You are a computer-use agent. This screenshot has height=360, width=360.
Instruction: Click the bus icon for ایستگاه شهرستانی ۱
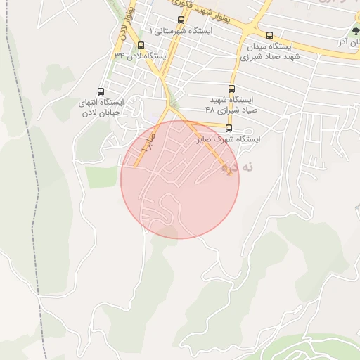181,20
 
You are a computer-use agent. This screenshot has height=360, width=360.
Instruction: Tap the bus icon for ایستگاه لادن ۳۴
141,46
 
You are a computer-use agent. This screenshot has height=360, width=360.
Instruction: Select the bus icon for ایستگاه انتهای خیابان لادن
101,92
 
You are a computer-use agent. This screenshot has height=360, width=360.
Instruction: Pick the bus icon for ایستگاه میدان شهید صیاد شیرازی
269,36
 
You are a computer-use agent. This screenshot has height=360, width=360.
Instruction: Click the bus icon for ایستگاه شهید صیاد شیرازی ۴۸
231,89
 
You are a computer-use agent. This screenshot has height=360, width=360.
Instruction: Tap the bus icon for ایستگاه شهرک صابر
229,129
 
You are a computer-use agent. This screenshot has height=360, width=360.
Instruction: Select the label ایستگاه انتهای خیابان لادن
101,108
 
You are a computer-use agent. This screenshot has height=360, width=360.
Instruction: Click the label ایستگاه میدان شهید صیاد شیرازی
271,51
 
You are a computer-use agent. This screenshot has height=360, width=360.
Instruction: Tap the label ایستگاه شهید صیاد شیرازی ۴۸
231,105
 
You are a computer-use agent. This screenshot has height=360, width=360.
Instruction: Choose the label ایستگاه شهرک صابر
230,140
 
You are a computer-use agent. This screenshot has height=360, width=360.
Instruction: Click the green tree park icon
356,31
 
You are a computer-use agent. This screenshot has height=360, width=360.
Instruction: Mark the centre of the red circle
180,179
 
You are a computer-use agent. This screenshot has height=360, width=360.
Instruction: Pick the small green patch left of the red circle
102,177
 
